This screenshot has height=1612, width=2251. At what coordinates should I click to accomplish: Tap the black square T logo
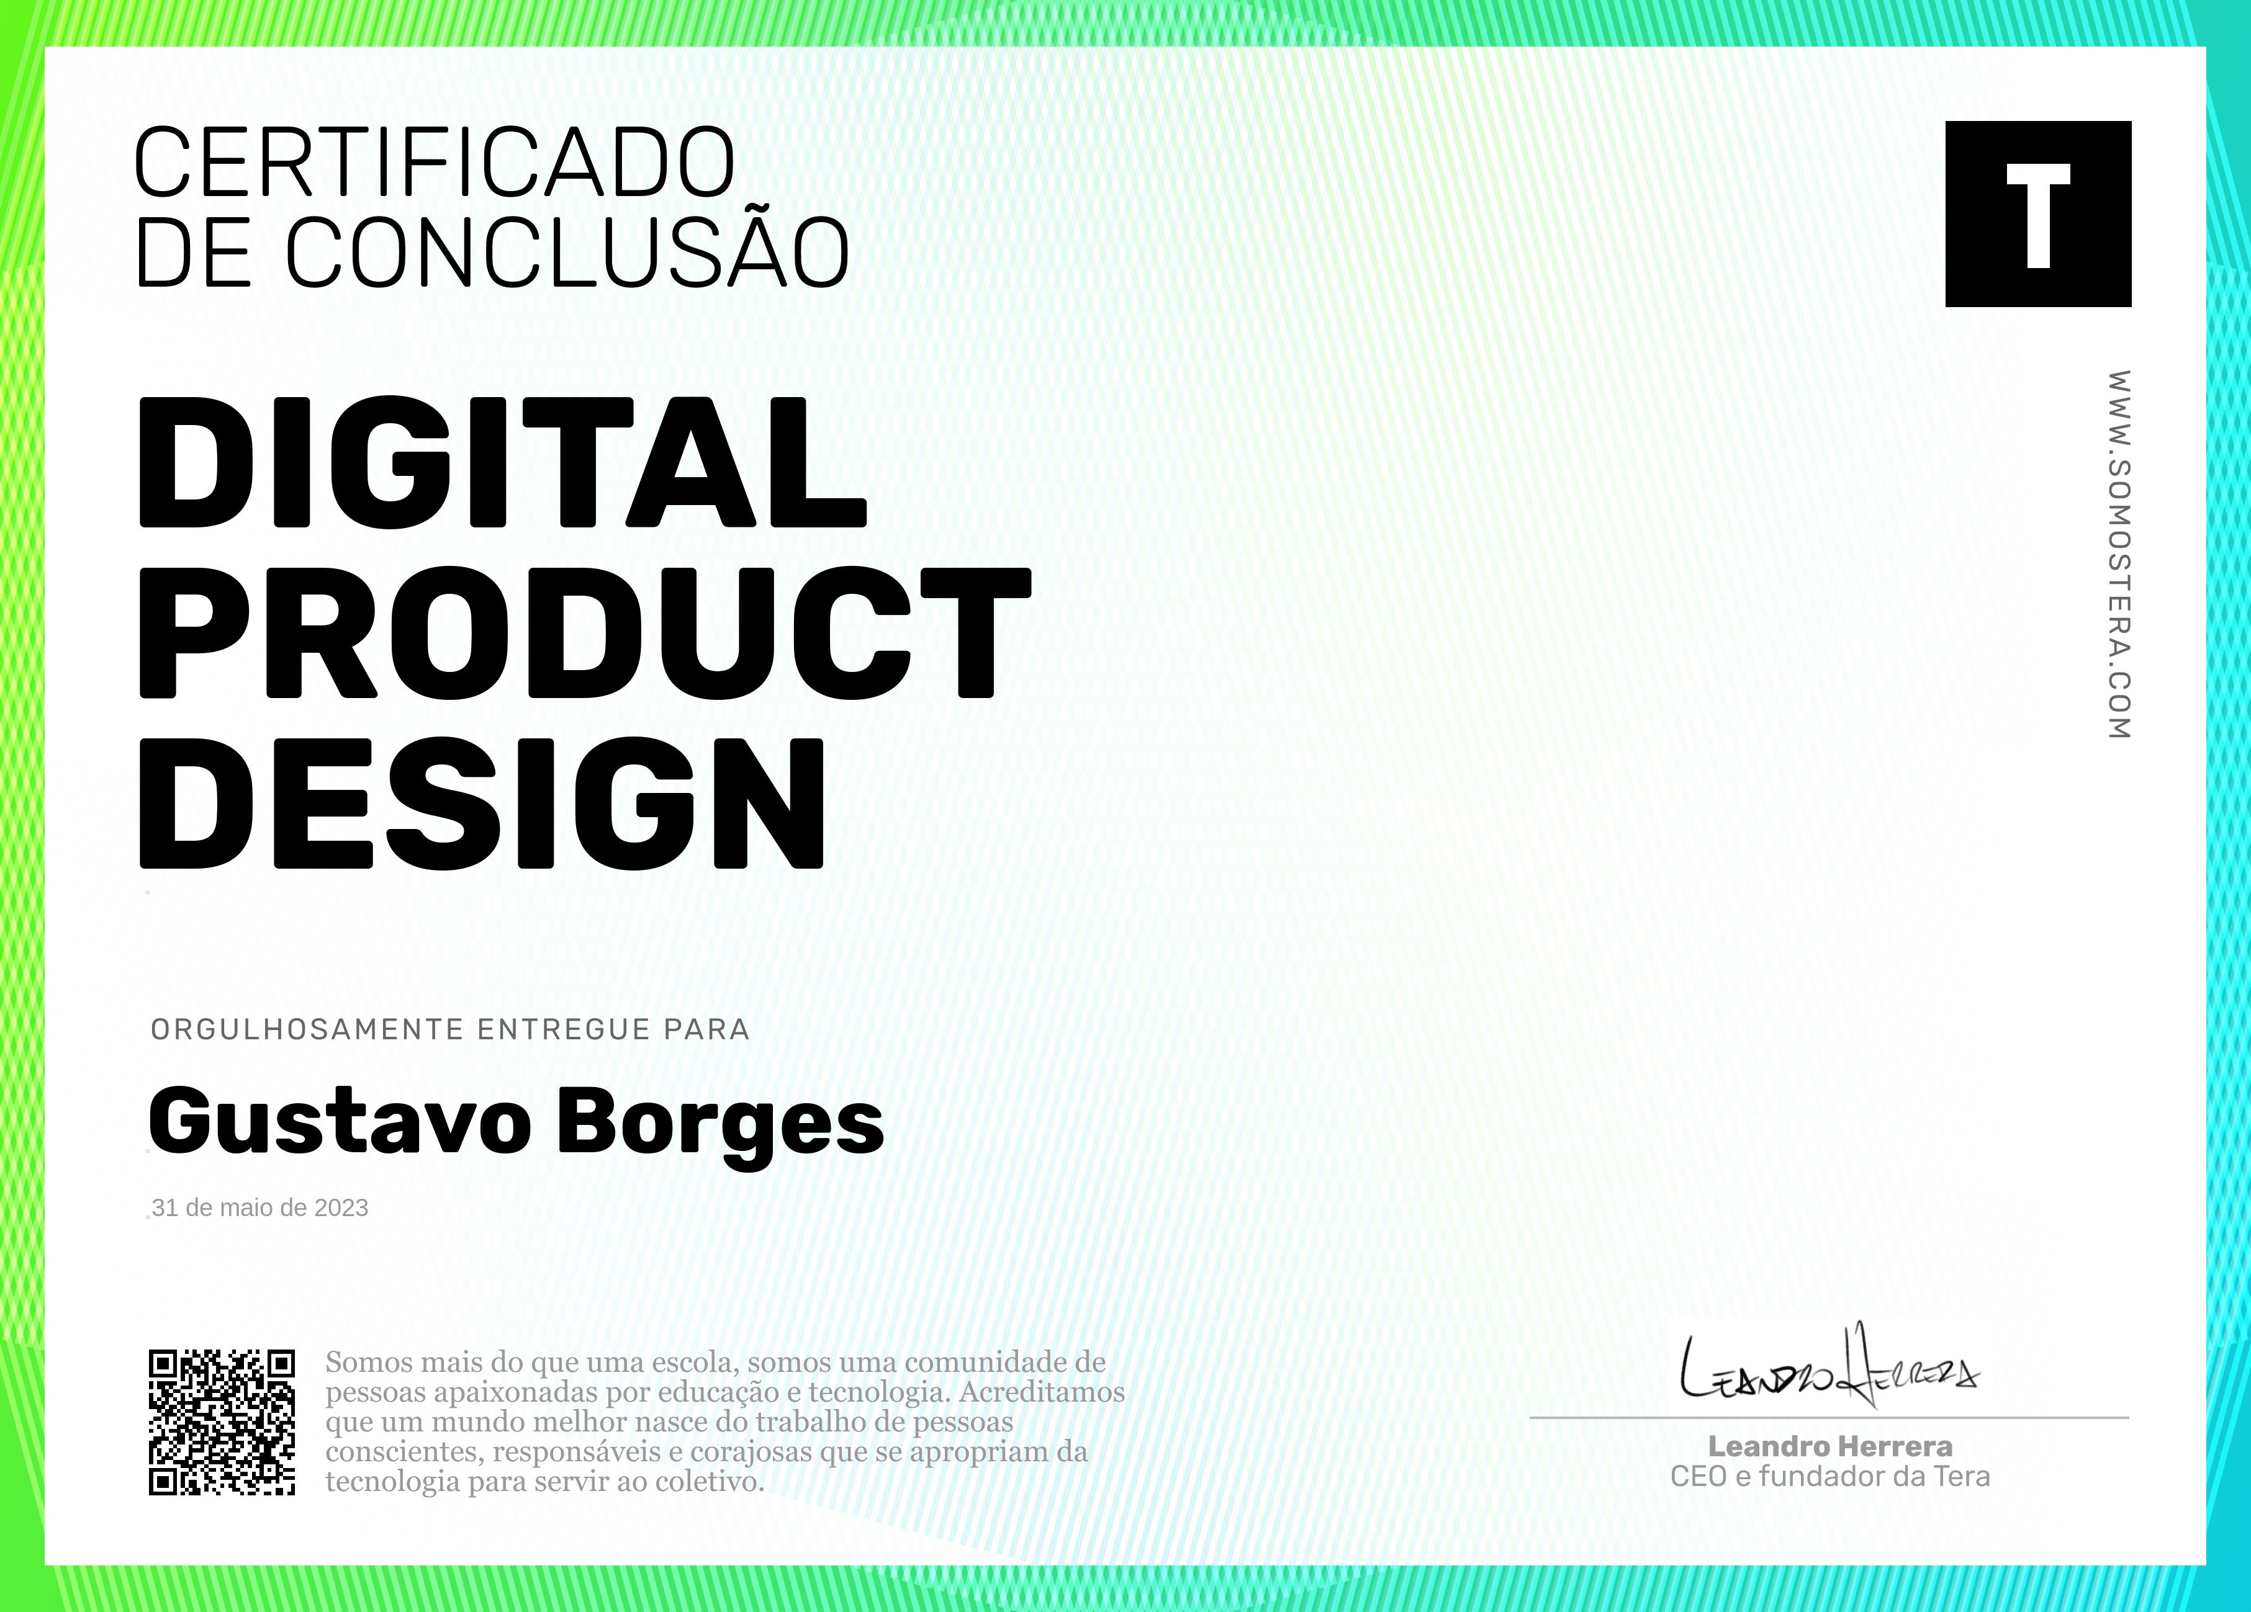coord(2037,213)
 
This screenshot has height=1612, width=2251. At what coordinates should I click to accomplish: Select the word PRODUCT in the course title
coord(585,632)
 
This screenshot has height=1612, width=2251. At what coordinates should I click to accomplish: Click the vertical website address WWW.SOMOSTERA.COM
coord(2119,555)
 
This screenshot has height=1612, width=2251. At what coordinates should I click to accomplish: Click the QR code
coord(222,1422)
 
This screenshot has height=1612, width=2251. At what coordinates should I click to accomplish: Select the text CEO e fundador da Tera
coord(1830,1477)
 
